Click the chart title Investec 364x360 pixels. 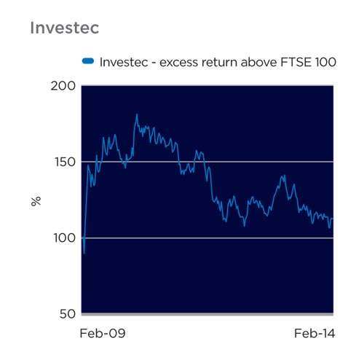65,28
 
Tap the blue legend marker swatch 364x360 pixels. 88,61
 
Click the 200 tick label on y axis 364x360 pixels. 63,86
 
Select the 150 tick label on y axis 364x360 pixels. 65,162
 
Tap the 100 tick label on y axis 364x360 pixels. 65,238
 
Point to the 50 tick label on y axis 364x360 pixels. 68,314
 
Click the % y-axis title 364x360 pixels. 36,202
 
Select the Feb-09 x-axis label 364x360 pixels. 103,333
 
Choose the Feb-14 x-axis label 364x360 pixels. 314,333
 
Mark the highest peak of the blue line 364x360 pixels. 137,114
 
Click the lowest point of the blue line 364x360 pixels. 84,254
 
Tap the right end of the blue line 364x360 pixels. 333,219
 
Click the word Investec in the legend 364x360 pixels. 124,62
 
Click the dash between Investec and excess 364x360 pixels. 154,63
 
